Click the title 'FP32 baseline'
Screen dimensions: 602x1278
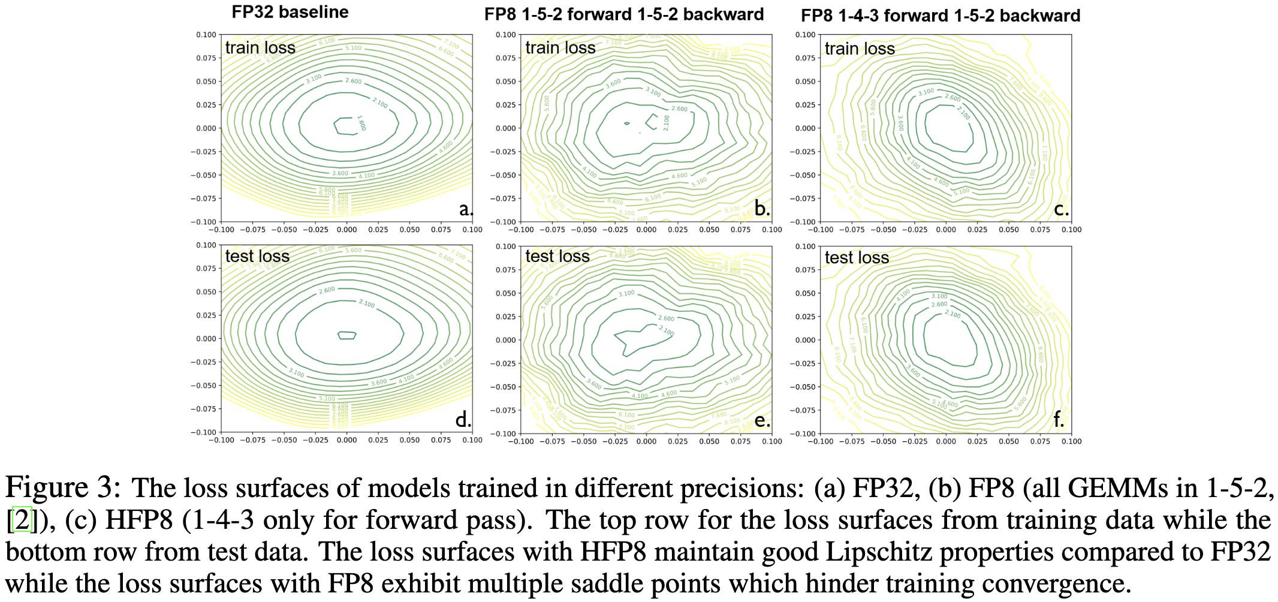click(290, 12)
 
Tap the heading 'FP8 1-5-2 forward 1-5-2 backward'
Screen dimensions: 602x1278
click(624, 14)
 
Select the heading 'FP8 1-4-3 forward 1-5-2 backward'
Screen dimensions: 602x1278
click(940, 16)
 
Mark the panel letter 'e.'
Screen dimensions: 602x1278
click(762, 420)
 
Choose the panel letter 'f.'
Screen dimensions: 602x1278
click(1059, 420)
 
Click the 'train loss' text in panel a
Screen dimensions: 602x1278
click(260, 47)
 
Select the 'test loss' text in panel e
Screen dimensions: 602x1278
click(557, 257)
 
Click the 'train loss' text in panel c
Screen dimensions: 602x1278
click(859, 49)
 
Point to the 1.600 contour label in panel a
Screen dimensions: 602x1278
click(361, 123)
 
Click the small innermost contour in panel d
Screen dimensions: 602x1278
click(346, 335)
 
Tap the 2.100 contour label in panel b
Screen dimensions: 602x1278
click(666, 123)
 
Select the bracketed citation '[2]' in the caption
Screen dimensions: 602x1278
click(22, 520)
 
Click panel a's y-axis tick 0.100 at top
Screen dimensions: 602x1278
click(206, 35)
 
